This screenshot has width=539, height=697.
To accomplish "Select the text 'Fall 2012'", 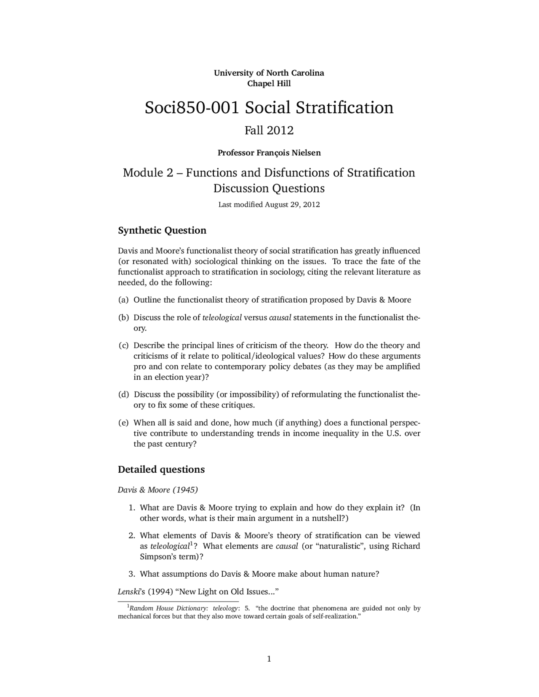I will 269,130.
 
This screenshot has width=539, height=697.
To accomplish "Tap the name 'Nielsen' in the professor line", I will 306,153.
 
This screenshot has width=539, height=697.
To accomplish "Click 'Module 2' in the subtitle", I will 148,173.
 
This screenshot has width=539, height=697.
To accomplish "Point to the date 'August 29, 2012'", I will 292,205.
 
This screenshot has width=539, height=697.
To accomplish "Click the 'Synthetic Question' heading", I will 162,231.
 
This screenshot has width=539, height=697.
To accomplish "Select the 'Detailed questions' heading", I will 161,470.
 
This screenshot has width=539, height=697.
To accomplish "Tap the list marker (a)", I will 123,300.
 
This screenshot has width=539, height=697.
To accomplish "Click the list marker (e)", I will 123,423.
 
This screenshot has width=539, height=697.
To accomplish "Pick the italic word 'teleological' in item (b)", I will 222,318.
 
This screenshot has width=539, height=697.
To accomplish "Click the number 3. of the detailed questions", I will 132,574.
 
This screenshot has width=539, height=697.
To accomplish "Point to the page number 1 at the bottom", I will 269,659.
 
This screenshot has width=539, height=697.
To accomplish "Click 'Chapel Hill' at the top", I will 269,83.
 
